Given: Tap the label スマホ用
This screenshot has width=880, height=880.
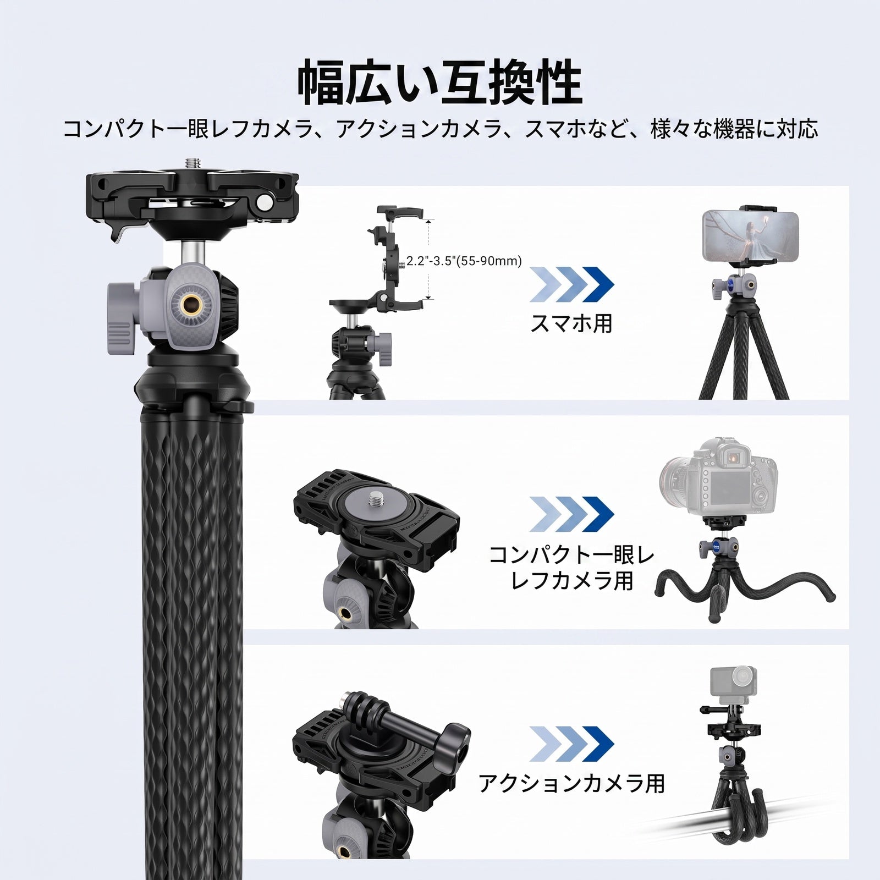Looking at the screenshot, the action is click(x=571, y=323).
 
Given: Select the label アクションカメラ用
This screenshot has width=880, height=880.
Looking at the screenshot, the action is click(x=571, y=783).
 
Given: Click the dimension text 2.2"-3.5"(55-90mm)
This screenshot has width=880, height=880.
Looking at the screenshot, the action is click(x=464, y=261).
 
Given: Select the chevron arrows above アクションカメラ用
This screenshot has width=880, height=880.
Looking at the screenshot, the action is click(x=571, y=743).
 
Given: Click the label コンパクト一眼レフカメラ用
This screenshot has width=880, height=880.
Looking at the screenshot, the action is click(x=571, y=568).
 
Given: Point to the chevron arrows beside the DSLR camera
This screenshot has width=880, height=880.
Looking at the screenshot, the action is click(x=571, y=514).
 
